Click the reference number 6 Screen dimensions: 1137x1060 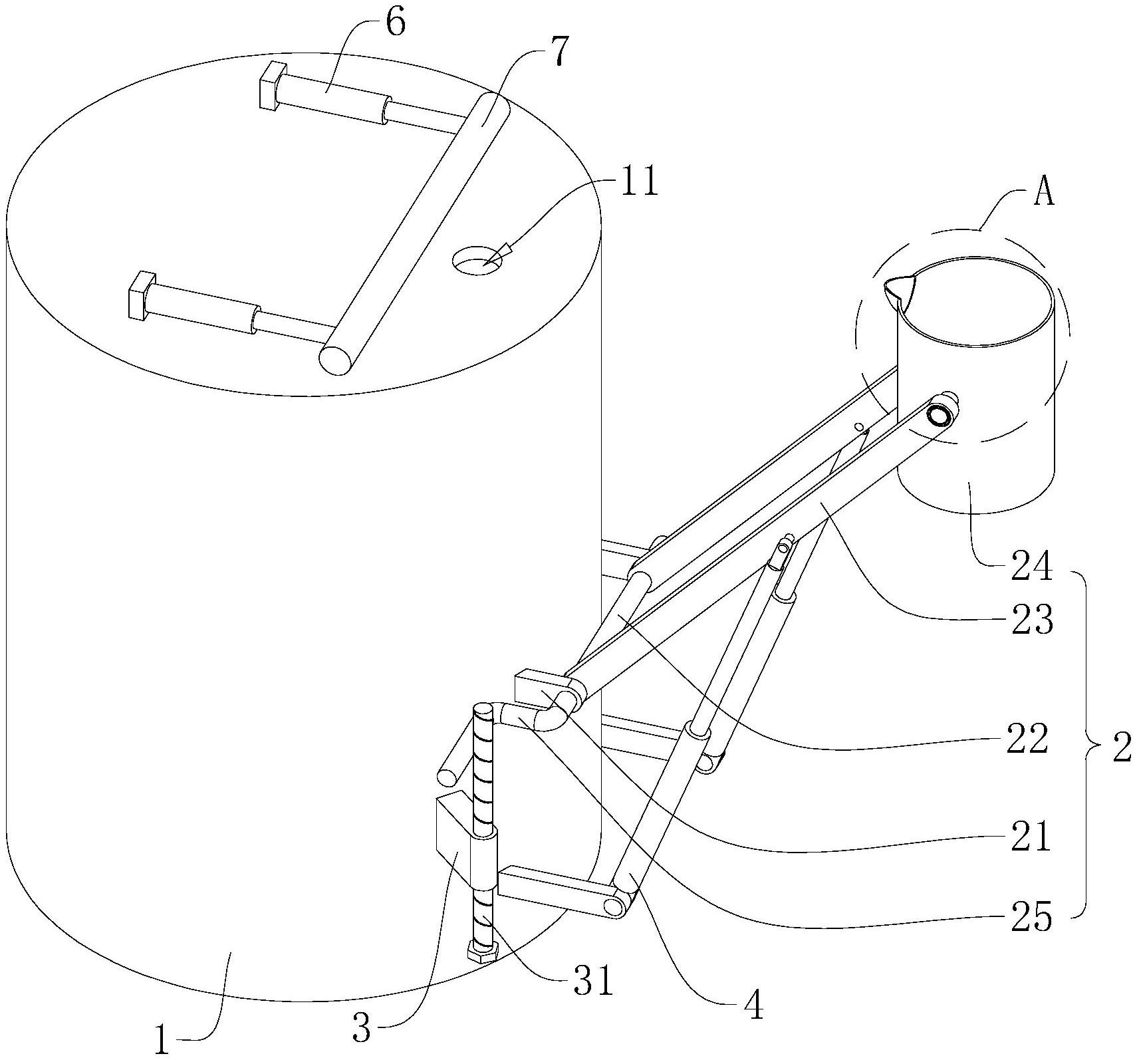coord(394,23)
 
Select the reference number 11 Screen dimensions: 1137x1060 coord(639,180)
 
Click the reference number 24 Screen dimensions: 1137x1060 coord(1031,567)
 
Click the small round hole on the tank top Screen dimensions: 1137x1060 coord(477,259)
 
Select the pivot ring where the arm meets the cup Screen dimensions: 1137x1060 coord(940,416)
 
